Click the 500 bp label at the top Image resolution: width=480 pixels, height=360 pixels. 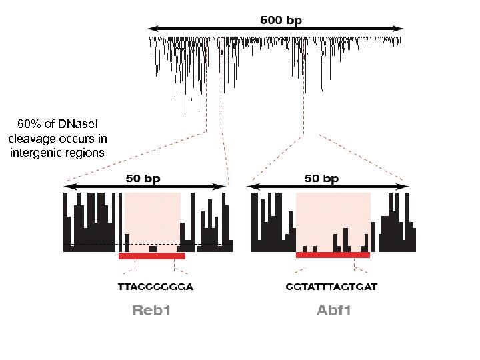[280, 20]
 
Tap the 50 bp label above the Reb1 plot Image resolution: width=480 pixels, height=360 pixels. [143, 179]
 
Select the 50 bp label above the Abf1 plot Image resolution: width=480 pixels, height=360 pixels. [322, 179]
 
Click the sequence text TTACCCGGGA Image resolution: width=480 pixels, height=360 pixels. [155, 287]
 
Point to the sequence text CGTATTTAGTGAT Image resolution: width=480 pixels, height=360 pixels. [331, 287]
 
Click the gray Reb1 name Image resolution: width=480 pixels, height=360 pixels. [151, 310]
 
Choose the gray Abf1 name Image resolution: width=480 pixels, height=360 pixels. [334, 310]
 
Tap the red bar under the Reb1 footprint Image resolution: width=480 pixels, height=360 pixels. [151, 255]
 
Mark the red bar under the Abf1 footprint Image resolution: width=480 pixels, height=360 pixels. [332, 255]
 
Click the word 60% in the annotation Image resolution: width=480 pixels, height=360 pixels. [29, 125]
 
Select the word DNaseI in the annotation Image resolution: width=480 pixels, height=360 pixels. [76, 125]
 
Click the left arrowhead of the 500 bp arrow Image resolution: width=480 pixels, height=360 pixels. [151, 29]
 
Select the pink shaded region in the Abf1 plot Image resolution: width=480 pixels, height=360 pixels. [332, 213]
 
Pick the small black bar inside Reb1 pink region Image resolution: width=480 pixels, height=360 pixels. [153, 249]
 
